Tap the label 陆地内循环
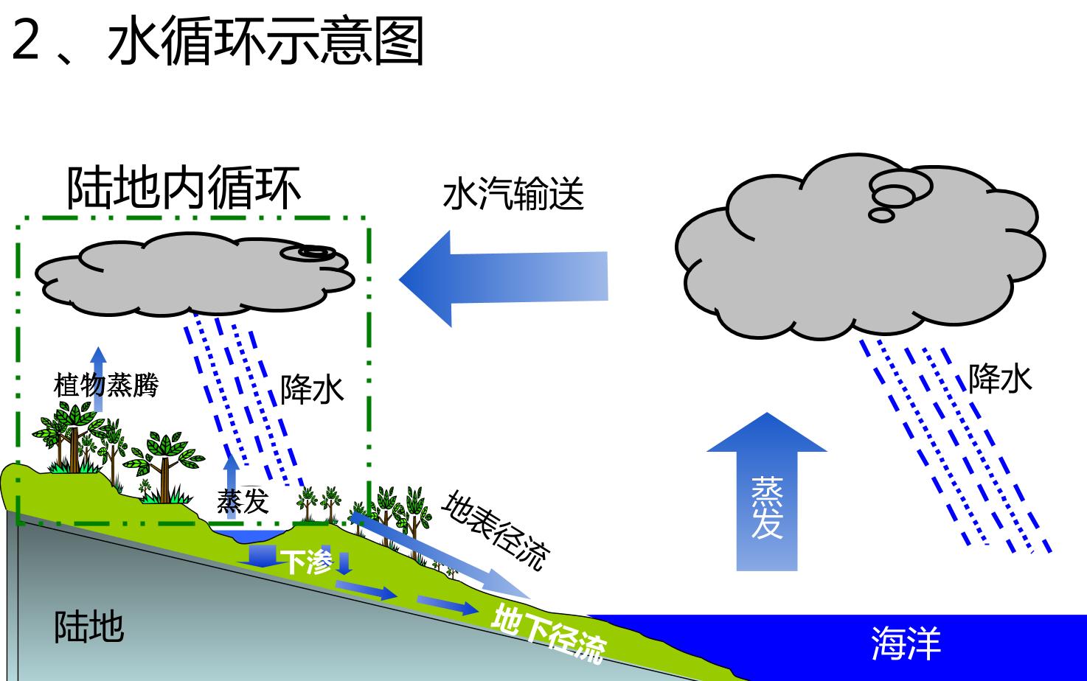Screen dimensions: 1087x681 coord(184,188)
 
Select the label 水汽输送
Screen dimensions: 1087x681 coord(513,193)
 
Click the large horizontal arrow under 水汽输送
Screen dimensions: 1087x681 coord(504,279)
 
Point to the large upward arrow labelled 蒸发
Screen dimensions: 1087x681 coord(767,492)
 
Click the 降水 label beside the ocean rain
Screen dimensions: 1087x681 coord(1000,378)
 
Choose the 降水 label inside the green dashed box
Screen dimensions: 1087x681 coord(312,389)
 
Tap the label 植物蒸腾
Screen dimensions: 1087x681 coord(105,385)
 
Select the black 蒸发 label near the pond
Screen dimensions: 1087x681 coord(243,501)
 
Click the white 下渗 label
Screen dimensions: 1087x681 coord(307,562)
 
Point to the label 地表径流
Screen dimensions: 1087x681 coord(496,530)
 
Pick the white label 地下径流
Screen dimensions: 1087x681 coord(549,634)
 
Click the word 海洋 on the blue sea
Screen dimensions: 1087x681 coord(906,643)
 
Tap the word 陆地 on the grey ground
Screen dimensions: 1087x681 coord(88,626)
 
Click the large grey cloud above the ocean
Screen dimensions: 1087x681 coord(859,248)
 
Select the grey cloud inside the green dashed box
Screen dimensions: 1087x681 coord(194,274)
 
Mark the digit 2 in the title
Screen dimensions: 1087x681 coord(25,40)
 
